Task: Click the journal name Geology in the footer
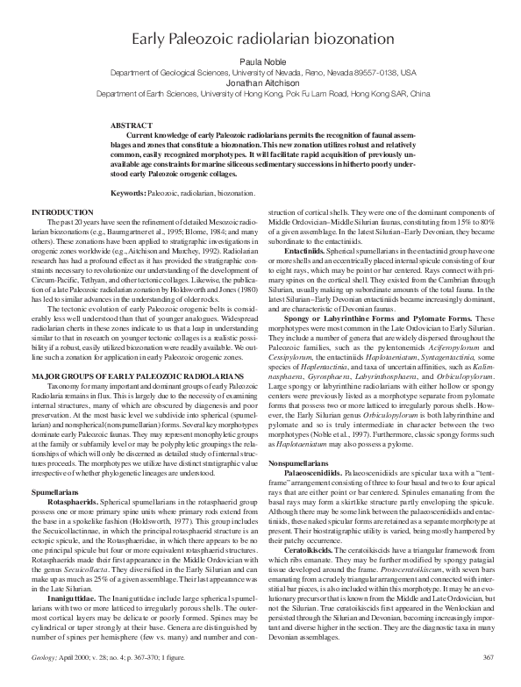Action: (42, 679)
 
